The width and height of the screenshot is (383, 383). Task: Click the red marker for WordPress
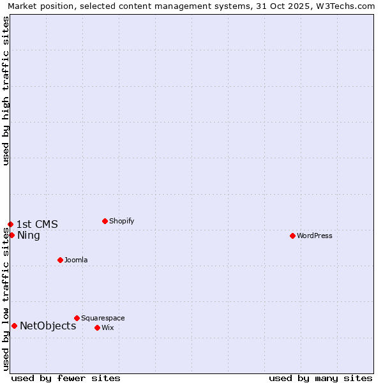coord(292,236)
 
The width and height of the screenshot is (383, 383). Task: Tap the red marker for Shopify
coord(105,221)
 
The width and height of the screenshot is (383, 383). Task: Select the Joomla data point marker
coord(60,260)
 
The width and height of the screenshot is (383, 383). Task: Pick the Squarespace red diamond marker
coord(77,318)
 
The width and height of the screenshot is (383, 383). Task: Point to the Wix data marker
coord(97,327)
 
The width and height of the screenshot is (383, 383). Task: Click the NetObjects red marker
coord(14,326)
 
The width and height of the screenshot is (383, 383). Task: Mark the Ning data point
coord(11,235)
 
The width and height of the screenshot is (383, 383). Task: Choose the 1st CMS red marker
coord(10,224)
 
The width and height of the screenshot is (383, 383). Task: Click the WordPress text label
coord(315,236)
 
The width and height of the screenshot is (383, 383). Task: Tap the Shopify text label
coord(121,221)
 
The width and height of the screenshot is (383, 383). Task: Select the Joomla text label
coord(76,260)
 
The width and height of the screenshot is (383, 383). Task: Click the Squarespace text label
coord(103,318)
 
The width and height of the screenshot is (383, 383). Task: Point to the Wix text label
coord(107,327)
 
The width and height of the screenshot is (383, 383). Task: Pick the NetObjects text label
coord(48,326)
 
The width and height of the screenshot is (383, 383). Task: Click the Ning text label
coord(29,235)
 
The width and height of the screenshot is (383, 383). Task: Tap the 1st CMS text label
coord(37,224)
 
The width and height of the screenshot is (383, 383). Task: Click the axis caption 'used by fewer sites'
coord(66,378)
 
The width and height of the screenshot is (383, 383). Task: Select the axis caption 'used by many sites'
coord(320,378)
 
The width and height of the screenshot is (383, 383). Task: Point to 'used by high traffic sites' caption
coord(6,91)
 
